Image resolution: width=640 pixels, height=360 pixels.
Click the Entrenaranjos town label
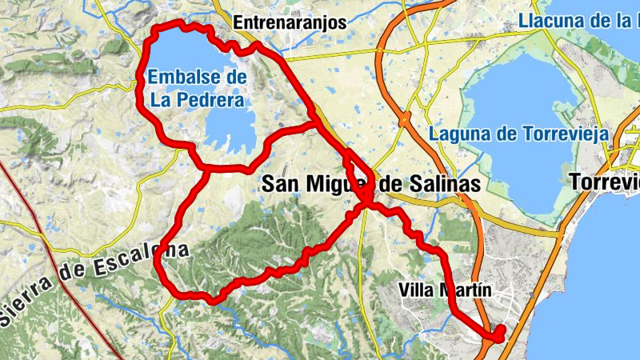tap(289, 23)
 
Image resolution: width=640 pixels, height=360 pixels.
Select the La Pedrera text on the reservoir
tap(196, 101)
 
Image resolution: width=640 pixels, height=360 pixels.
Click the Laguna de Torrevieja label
tap(518, 134)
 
